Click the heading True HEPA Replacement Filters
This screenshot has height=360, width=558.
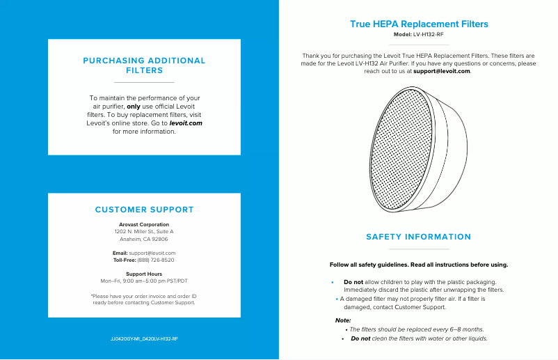(419, 24)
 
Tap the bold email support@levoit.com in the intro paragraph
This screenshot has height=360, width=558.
(442, 71)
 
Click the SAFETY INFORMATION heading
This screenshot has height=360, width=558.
(419, 237)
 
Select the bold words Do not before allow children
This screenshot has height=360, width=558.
(353, 282)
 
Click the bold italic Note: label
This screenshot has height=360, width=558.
(343, 320)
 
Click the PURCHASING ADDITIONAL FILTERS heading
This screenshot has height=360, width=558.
(144, 65)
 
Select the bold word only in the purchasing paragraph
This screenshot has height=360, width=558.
(143, 107)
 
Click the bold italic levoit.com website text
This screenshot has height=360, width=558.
(186, 123)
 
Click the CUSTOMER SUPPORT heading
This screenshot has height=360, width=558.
(144, 210)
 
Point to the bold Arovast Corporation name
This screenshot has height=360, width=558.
(144, 225)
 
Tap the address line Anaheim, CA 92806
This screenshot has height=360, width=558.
(144, 239)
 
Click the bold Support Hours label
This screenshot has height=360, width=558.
(144, 274)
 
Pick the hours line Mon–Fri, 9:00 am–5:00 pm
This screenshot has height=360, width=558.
(144, 281)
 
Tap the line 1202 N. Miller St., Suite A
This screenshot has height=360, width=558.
(144, 231)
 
